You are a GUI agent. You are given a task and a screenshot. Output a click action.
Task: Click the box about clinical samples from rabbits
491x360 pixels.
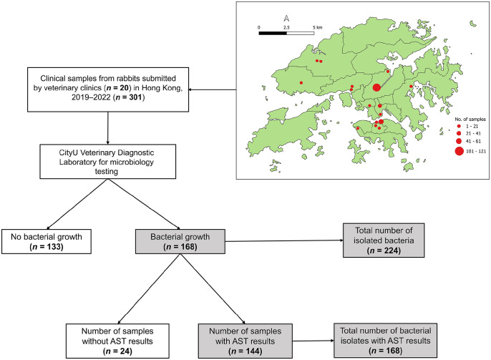tap(109, 89)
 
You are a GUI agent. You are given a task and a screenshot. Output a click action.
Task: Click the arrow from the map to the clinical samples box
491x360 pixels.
tap(215, 90)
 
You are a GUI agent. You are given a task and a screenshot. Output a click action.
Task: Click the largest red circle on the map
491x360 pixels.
tap(376, 88)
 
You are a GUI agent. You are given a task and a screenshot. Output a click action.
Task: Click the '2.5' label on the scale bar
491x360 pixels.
tap(286, 26)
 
